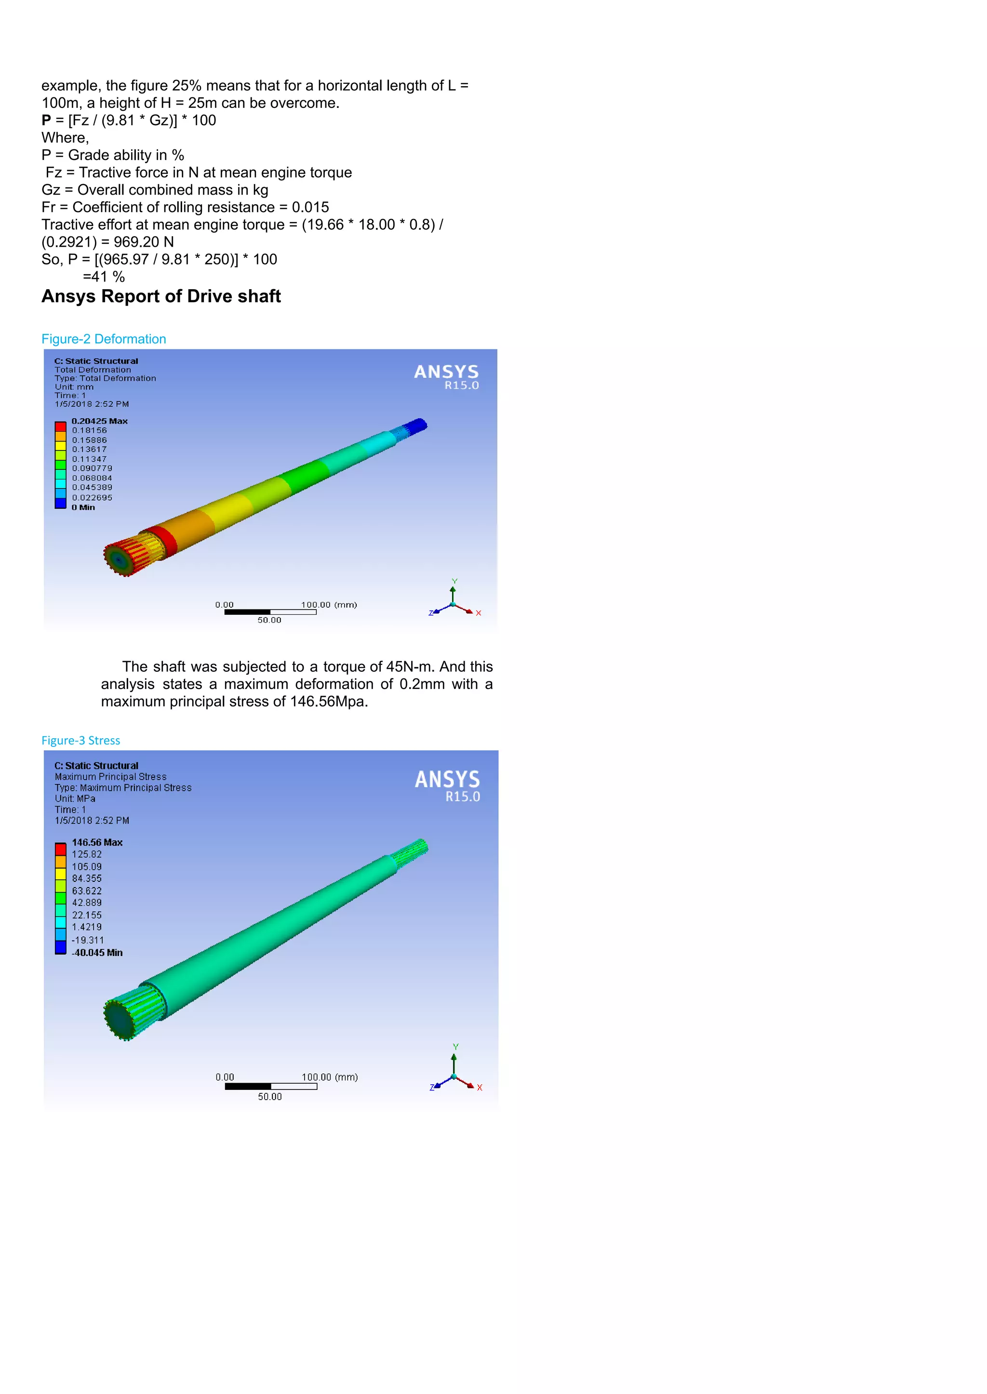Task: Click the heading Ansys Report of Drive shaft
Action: point(161,296)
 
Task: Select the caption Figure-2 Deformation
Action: point(103,339)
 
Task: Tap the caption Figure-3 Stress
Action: point(81,740)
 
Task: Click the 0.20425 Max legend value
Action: point(99,421)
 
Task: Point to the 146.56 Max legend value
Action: point(97,842)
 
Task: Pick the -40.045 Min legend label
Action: point(97,952)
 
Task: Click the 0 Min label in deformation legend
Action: point(83,507)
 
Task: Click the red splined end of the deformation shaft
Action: point(128,554)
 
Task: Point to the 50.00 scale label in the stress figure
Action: point(270,1096)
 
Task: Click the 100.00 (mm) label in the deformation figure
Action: point(328,605)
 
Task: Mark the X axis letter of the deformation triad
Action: point(478,613)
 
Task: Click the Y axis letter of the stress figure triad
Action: point(455,1047)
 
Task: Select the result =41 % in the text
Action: point(104,277)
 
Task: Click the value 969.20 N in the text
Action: point(144,242)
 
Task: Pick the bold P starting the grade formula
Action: point(46,120)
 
